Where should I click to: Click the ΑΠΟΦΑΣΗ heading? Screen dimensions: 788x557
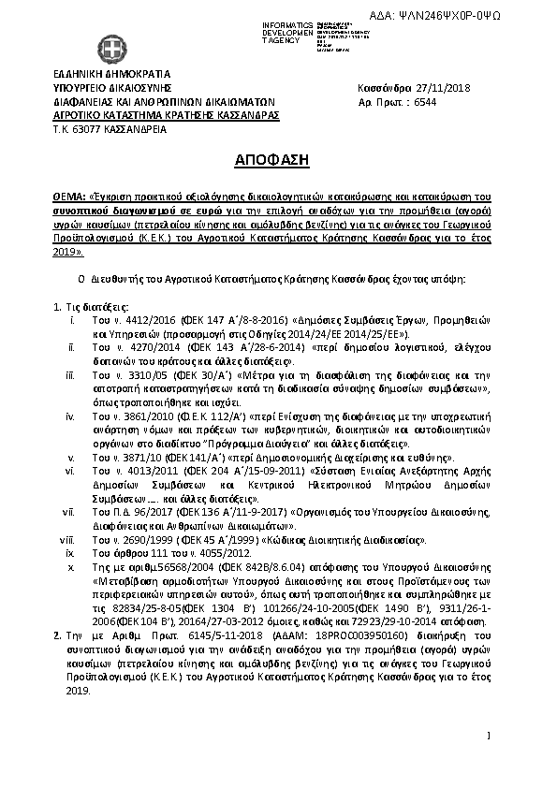pos(278,160)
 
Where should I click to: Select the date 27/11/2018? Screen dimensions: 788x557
pos(441,89)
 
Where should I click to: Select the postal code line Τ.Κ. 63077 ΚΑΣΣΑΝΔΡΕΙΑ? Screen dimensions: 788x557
pos(110,128)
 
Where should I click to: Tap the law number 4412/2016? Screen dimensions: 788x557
pos(140,320)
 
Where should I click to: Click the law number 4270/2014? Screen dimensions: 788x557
pos(141,347)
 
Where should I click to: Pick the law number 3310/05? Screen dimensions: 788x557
pos(138,375)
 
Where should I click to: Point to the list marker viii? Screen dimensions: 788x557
pos(66,540)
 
